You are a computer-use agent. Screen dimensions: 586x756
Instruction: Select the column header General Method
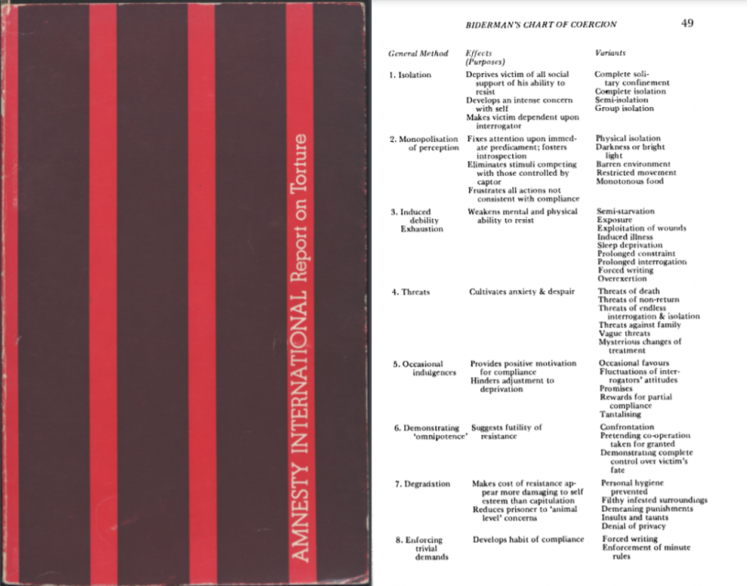[x=418, y=54]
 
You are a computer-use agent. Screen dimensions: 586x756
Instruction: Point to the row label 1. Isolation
[x=410, y=74]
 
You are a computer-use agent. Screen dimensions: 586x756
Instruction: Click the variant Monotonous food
[x=636, y=181]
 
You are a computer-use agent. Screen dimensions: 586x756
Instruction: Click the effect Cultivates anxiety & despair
[x=522, y=292]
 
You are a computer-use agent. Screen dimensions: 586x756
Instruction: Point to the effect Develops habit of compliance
[x=528, y=539]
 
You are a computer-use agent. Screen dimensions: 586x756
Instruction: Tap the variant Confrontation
[x=627, y=427]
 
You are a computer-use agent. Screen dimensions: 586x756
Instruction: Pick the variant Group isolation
[x=624, y=108]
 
